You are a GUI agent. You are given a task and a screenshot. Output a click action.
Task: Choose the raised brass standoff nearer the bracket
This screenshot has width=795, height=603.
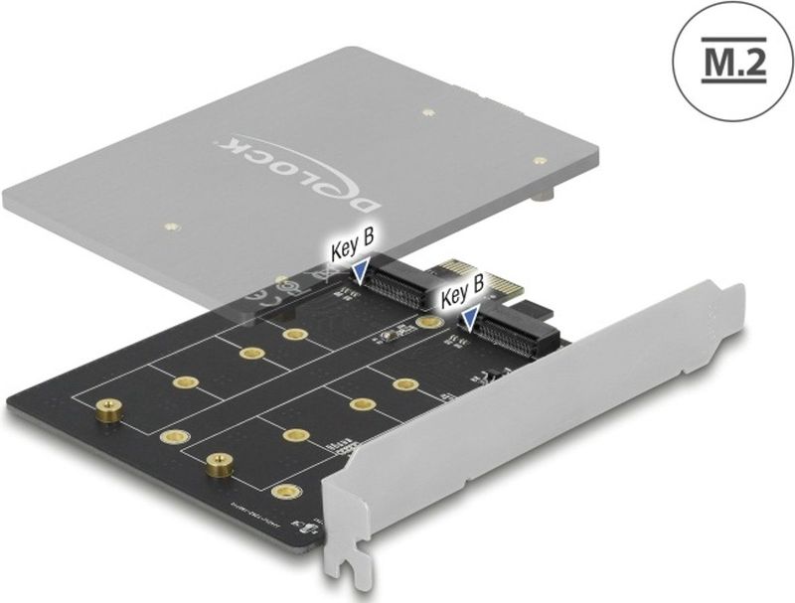pos(216,461)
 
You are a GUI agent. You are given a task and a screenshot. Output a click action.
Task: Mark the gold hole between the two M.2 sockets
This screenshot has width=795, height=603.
pos(429,323)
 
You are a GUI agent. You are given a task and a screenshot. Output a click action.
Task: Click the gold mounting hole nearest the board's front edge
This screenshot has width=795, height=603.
pos(286,491)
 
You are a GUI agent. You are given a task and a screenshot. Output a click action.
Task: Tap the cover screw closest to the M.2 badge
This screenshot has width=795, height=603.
pos(539,158)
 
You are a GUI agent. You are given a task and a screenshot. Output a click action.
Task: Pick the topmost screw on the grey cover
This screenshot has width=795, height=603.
pos(424,114)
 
